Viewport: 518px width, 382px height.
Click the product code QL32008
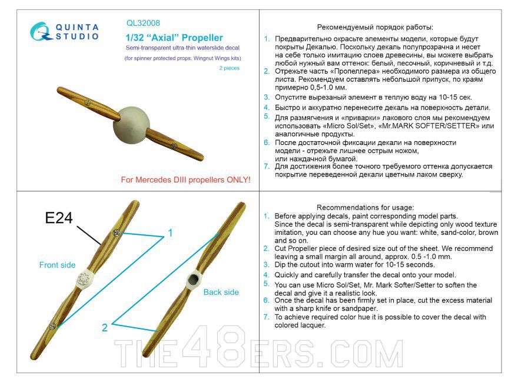coord(143,24)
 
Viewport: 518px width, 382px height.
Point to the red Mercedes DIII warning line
coord(185,180)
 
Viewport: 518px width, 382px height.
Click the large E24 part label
coord(59,218)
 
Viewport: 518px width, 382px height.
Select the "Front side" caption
coord(57,265)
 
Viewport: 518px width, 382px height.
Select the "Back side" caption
coord(221,292)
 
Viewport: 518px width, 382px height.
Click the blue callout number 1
coord(170,234)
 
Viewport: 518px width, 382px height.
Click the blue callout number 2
coord(105,328)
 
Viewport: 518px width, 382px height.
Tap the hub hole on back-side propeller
coord(192,279)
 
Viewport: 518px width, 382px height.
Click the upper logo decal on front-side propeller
coord(117,233)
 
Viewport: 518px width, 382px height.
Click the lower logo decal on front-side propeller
coord(52,325)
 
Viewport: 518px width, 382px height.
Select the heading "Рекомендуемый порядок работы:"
coord(375,27)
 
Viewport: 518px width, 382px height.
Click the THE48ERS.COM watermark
coord(259,353)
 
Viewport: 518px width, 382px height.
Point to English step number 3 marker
coord(267,264)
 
